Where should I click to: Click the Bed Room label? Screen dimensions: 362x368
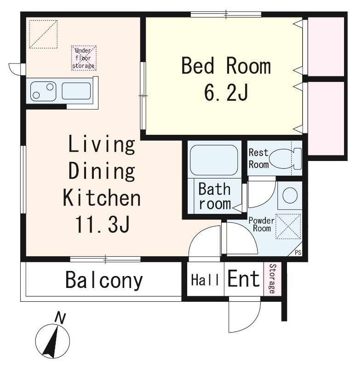tap(226, 66)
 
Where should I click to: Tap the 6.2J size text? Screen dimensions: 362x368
tap(226, 92)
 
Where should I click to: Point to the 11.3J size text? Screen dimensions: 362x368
tap(102, 224)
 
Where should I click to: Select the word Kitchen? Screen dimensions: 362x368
tap(102, 198)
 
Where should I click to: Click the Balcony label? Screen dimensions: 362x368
tap(104, 280)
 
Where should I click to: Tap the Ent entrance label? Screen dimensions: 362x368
tap(243, 279)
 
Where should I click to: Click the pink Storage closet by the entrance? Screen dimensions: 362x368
tap(272, 279)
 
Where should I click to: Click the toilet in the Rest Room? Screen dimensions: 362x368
tap(285, 158)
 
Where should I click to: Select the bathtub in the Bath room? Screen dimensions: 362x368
tap(214, 160)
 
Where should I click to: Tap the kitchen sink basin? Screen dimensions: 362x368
tap(76, 91)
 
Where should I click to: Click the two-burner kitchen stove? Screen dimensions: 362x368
tap(43, 91)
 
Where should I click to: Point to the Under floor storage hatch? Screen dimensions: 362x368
tap(84, 58)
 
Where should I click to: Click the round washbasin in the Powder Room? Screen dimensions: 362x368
tap(290, 195)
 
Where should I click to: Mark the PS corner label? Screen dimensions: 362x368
tap(298, 253)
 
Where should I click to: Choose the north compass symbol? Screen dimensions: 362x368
tap(52, 341)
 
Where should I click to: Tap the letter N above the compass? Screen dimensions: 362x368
tap(60, 318)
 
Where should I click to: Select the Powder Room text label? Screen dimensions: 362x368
tap(261, 224)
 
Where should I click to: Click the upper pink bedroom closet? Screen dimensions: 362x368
tap(326, 46)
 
